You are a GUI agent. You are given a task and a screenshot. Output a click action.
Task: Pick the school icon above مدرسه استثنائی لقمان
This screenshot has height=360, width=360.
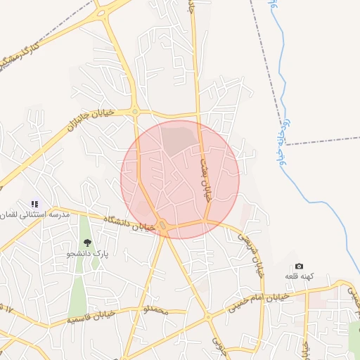[34, 204]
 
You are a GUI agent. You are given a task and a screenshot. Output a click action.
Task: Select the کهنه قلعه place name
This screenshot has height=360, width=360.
[299, 276]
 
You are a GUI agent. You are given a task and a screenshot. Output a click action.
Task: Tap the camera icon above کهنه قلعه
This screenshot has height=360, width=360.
[299, 266]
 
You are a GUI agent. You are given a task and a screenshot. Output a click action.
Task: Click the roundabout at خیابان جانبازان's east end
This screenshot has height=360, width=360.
[135, 111]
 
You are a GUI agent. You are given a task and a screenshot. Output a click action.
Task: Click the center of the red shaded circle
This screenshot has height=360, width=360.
[180, 179]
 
